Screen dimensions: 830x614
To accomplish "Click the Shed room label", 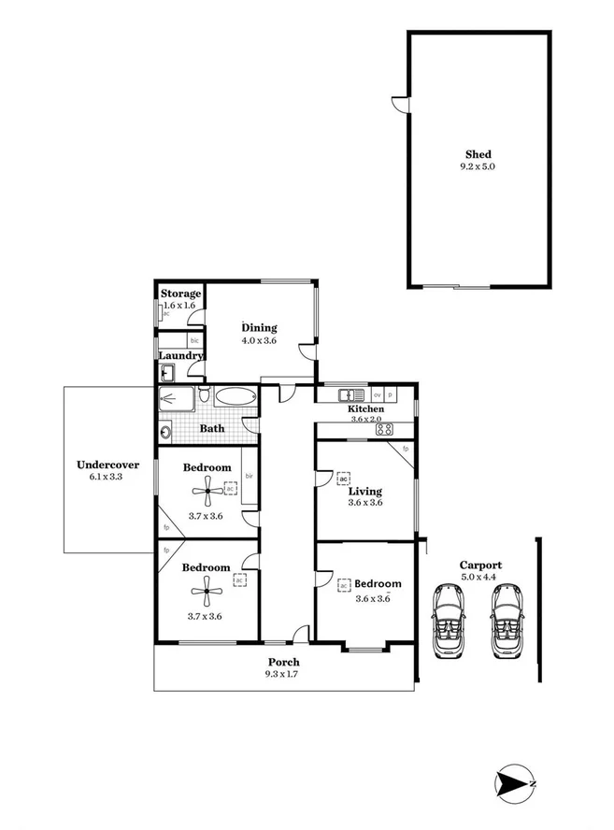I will point(478,154).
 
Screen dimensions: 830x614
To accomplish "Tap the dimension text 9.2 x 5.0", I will point(478,168).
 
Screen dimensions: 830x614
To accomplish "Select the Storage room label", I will point(179,293).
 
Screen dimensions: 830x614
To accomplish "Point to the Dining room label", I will point(259,327).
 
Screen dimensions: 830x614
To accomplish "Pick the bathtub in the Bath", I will point(234,397).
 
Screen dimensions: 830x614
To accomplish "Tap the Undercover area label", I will point(107,464).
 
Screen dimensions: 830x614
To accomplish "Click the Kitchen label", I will point(365,409).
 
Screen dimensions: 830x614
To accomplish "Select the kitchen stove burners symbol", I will point(384,429).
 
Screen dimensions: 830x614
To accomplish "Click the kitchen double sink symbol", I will point(351,394).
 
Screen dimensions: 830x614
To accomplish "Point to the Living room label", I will point(365,489).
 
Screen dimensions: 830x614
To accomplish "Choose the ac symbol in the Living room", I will point(344,478).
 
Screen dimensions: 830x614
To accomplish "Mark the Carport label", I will point(480,565).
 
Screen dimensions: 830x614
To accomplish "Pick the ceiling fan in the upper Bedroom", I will point(207,489).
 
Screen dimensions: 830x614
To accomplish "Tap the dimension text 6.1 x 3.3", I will point(107,477).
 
